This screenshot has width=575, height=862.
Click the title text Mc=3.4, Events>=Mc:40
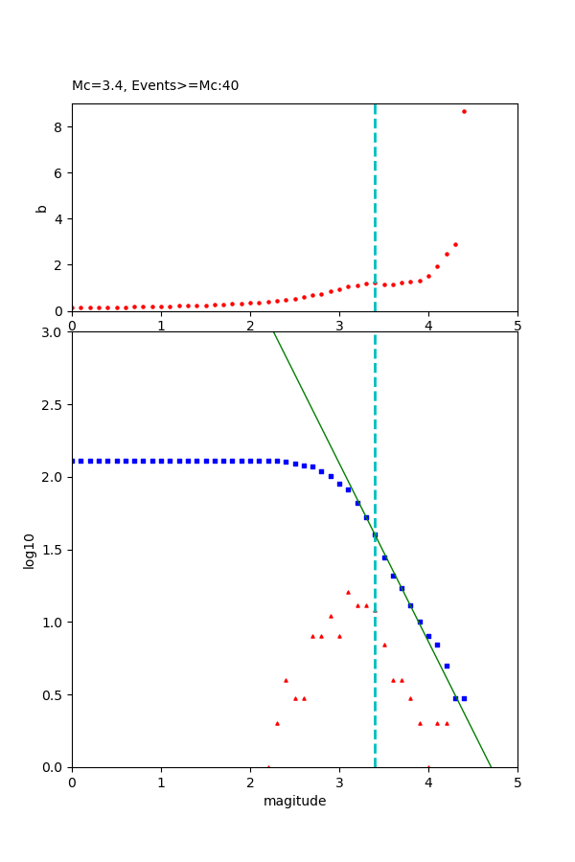click(x=155, y=85)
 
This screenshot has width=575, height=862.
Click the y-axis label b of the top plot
click(x=41, y=208)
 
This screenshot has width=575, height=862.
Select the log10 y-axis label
click(x=30, y=551)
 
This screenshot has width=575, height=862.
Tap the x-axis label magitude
click(x=294, y=801)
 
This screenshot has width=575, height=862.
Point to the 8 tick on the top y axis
click(x=59, y=126)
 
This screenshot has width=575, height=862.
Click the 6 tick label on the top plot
click(x=59, y=172)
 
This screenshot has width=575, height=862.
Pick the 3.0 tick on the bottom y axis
click(x=53, y=332)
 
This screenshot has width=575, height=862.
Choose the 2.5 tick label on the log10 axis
click(x=53, y=405)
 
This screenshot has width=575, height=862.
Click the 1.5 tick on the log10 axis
click(x=53, y=550)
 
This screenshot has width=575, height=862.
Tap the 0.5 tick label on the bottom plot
click(x=53, y=694)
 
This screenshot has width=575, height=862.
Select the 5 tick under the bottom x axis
click(x=517, y=782)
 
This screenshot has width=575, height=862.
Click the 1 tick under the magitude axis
click(x=161, y=782)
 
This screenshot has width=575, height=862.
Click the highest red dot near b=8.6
click(x=464, y=111)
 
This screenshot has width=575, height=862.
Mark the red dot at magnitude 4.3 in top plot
click(x=455, y=244)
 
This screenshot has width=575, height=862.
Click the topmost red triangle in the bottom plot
click(x=348, y=592)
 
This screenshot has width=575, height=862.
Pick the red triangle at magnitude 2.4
click(x=286, y=680)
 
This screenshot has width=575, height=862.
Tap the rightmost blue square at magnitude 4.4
click(x=464, y=698)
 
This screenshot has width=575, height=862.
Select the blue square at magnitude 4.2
click(x=447, y=666)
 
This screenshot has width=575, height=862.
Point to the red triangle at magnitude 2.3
click(x=277, y=723)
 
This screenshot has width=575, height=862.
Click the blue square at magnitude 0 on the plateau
click(x=73, y=461)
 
